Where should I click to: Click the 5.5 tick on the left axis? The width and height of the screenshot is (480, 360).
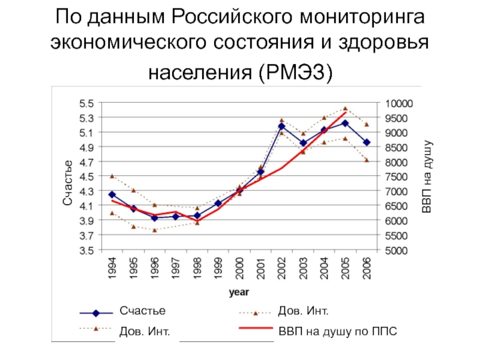click(x=88, y=103)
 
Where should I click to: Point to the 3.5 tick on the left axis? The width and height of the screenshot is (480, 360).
click(x=88, y=250)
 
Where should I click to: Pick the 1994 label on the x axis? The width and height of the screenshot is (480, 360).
click(x=112, y=268)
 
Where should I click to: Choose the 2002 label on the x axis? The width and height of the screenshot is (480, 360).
click(x=282, y=268)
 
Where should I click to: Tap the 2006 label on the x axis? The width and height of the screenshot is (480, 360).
click(x=367, y=268)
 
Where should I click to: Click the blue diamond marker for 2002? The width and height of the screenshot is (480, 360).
click(x=281, y=126)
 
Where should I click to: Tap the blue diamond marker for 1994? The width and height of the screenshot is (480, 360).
click(x=112, y=194)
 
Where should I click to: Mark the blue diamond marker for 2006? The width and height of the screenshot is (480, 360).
click(x=367, y=142)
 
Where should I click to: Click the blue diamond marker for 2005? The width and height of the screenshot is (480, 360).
click(x=345, y=123)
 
